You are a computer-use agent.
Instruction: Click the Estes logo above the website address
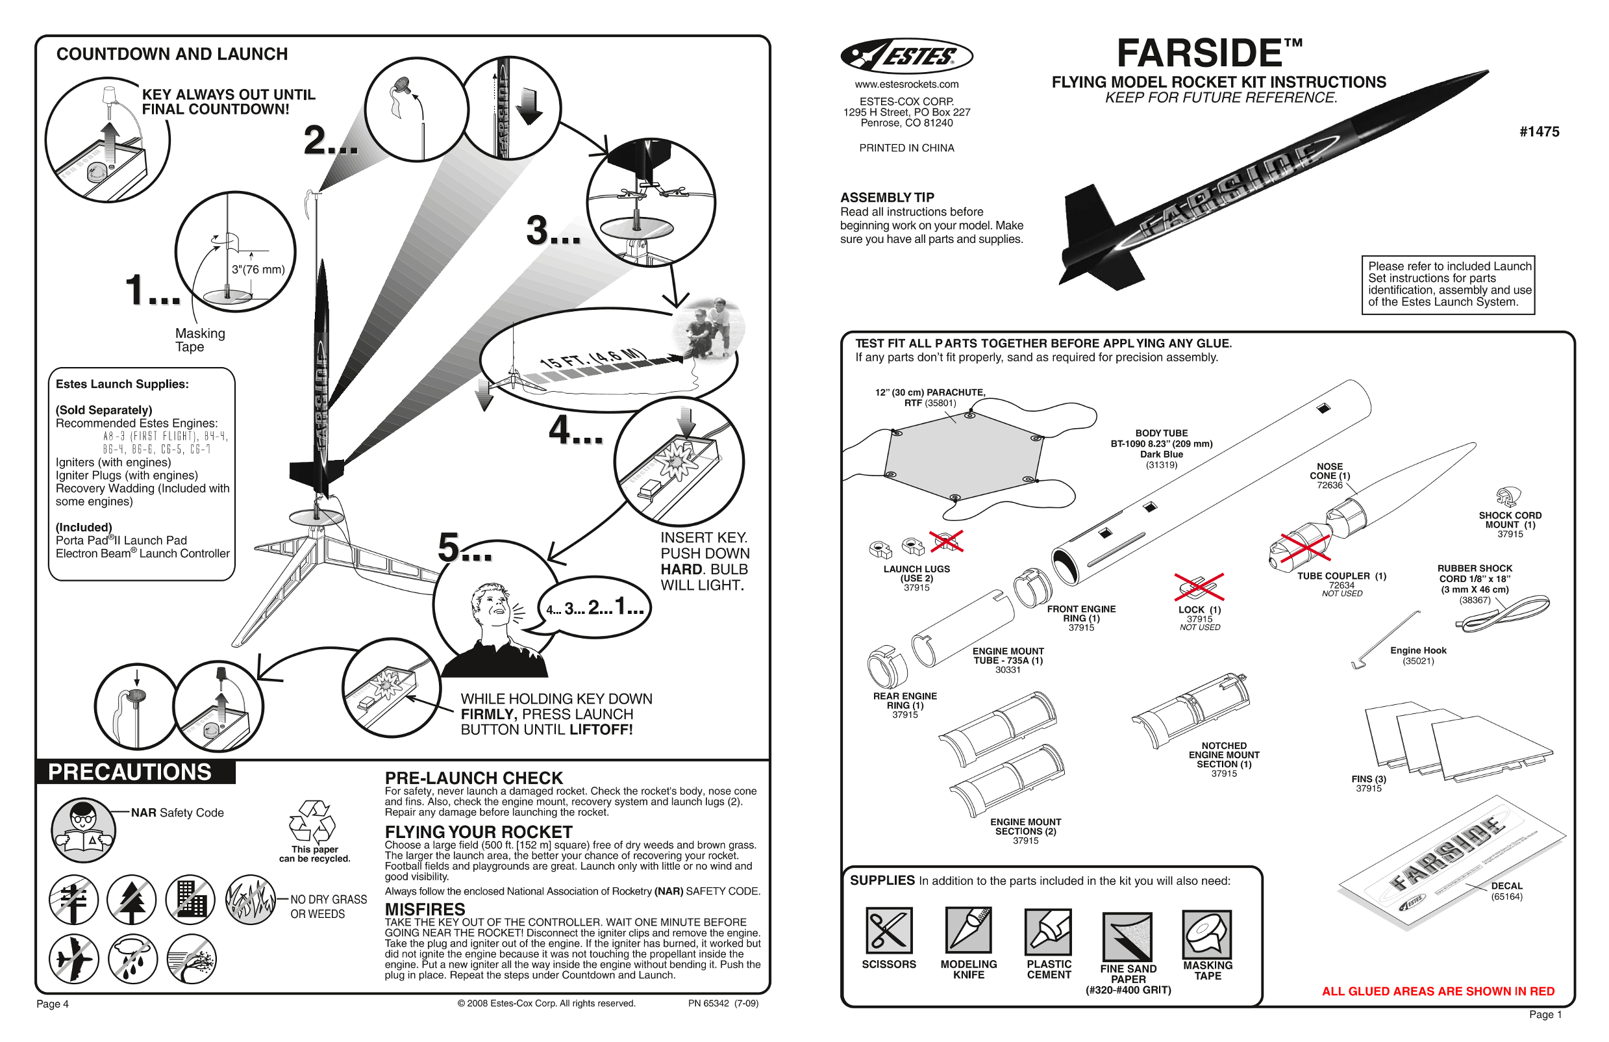[906, 56]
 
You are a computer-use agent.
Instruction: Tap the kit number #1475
[1540, 132]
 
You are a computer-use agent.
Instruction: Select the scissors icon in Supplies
[888, 930]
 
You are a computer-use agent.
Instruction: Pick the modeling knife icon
[968, 930]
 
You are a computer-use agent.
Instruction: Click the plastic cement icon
[1048, 931]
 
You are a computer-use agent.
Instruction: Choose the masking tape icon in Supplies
[1206, 934]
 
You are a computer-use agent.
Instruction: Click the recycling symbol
[312, 821]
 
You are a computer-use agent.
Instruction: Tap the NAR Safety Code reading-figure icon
[84, 830]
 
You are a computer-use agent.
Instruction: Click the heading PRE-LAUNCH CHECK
[473, 778]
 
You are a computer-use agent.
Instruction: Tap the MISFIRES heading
[425, 909]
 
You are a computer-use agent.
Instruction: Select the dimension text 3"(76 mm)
[258, 269]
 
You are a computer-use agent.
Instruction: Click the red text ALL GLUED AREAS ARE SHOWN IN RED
[1438, 991]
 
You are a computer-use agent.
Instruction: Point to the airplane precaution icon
[73, 959]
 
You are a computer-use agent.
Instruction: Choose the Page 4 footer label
[53, 1004]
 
